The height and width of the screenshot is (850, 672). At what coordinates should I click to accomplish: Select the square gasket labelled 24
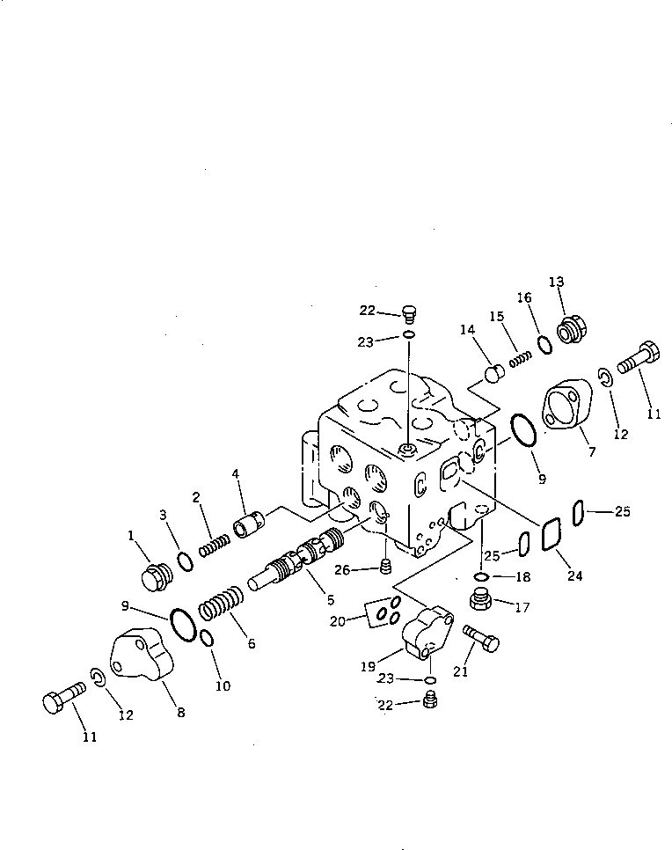pos(552,532)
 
